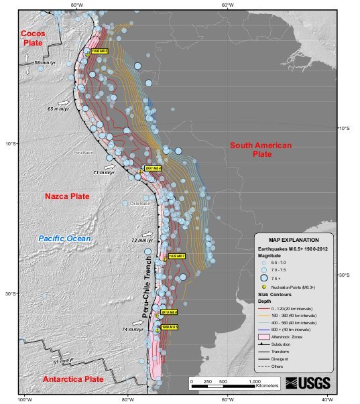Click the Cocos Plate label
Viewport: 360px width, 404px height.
coord(32,38)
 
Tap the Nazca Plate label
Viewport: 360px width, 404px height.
coord(67,196)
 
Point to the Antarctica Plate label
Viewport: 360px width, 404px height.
coord(73,379)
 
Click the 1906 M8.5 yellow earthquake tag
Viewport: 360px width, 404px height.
coord(99,51)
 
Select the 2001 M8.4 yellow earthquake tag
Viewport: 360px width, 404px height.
coord(154,168)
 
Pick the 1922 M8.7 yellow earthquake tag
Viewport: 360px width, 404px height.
coord(176,256)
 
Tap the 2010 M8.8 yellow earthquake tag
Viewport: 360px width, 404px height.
coord(168,312)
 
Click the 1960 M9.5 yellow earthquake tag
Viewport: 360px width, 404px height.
coord(169,327)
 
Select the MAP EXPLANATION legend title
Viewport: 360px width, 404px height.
coord(293,239)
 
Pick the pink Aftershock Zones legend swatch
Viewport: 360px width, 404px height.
coord(264,337)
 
